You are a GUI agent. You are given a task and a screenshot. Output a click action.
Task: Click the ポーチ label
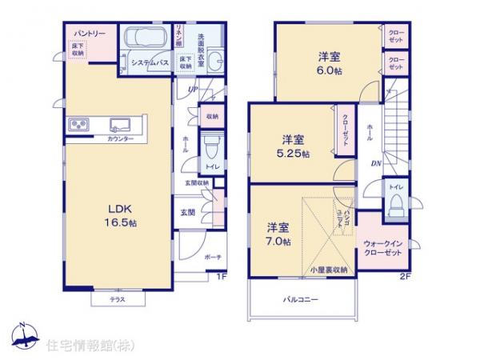(x=212, y=257)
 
